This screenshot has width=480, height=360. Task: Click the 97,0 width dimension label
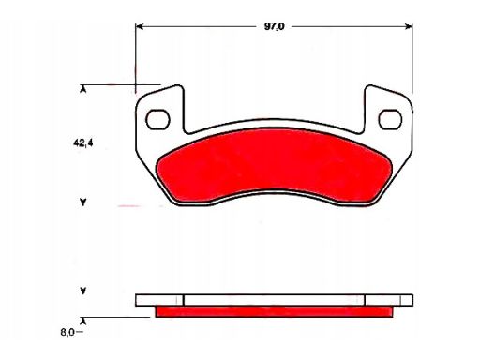click(275, 26)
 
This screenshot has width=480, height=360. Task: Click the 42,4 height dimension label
click(83, 143)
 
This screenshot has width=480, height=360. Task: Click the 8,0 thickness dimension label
click(67, 332)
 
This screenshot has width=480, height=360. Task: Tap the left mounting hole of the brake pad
click(157, 119)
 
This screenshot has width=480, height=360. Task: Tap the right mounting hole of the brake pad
click(390, 119)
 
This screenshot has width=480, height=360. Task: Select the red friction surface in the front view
click(274, 165)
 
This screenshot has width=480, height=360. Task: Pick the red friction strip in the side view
click(274, 311)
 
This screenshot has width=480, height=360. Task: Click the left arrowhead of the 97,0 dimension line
click(140, 26)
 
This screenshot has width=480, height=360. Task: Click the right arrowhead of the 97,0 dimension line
click(409, 26)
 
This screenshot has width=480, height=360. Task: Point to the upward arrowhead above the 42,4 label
click(82, 90)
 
